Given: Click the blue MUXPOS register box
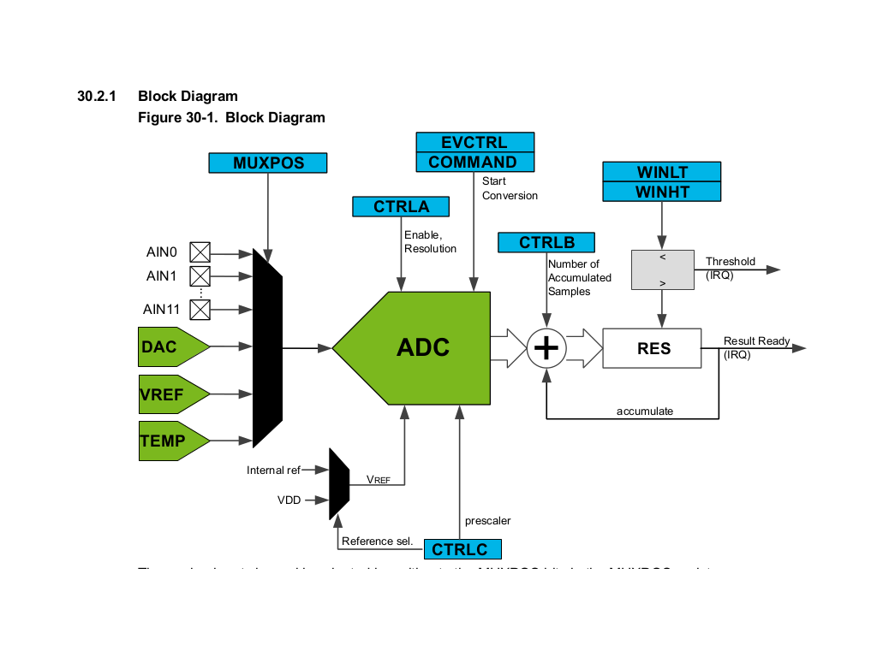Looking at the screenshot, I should tap(269, 163).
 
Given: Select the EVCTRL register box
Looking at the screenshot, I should tap(474, 142).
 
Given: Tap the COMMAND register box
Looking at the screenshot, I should tap(474, 162).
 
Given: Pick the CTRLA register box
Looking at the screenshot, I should tap(402, 206).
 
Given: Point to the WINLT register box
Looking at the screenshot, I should tap(662, 172).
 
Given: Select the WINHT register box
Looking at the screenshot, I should tap(662, 192).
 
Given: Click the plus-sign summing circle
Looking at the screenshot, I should tap(546, 348).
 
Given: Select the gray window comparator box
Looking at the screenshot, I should tap(662, 269).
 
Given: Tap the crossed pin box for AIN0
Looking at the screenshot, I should tap(200, 252).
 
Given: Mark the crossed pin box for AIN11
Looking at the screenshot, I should tap(200, 309).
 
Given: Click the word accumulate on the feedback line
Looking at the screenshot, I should tap(645, 411).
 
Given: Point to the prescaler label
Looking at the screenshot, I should tap(487, 520).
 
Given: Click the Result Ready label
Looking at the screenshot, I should tap(756, 341).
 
